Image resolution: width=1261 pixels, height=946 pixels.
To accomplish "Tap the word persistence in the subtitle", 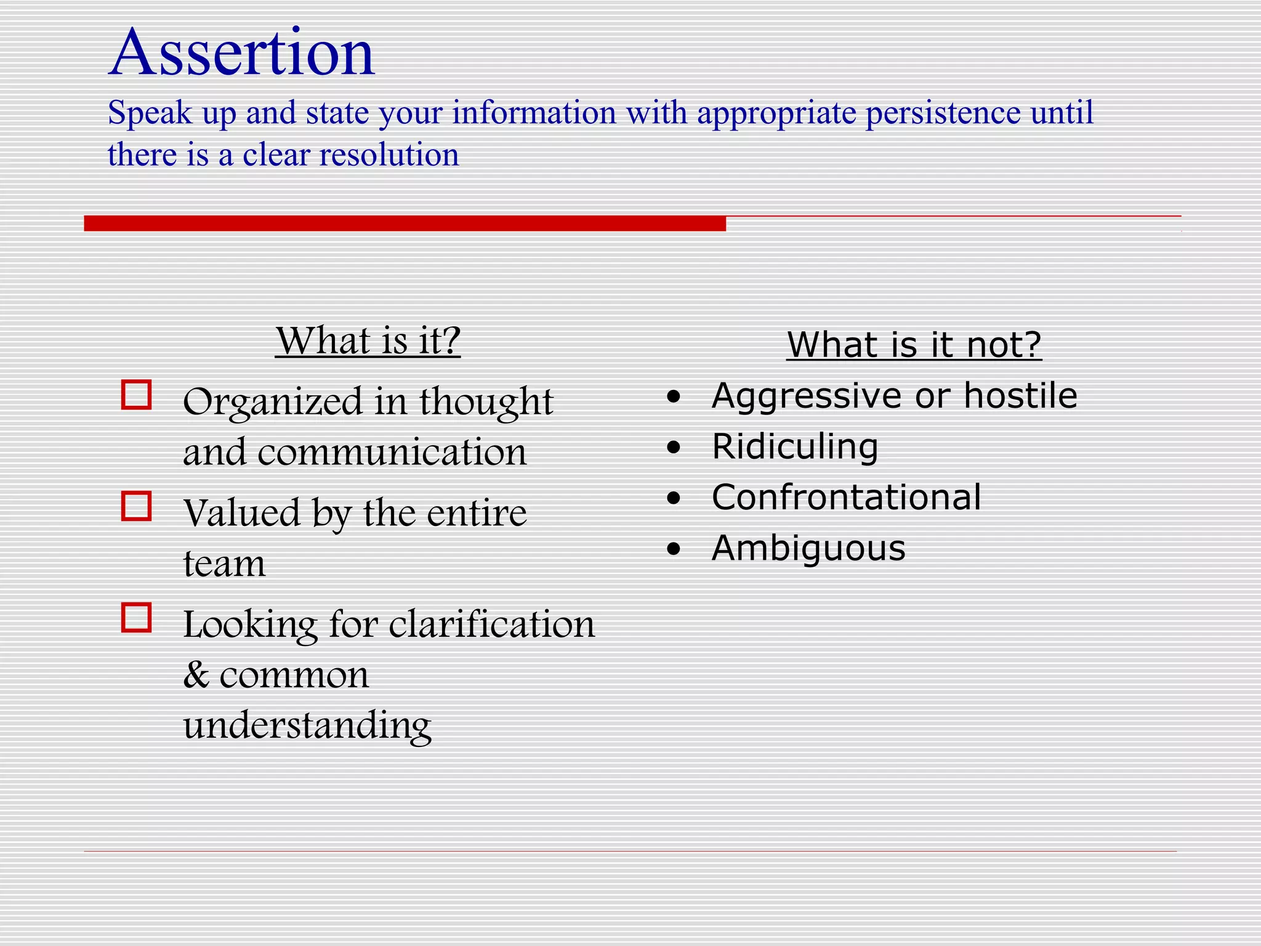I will pos(943,113).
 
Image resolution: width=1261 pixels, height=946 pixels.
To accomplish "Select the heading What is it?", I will pos(368,340).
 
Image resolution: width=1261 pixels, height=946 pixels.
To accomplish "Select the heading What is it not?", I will pos(914,344).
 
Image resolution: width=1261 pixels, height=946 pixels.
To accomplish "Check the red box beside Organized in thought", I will pos(137,395).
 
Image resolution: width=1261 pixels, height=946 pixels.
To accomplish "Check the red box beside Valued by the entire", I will pos(137,506).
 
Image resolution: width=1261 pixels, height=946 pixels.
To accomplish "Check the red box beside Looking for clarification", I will pos(137,618).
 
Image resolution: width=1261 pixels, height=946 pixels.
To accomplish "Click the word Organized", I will pos(273,402).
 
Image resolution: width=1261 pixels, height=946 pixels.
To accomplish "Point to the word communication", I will pos(392,452).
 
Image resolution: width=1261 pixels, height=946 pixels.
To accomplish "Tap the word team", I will pos(224,564).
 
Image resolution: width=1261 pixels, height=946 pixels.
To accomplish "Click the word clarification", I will pos(492,625).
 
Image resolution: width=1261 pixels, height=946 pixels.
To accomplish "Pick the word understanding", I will pos(307,726).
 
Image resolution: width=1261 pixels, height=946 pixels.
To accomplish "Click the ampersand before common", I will pos(196,675).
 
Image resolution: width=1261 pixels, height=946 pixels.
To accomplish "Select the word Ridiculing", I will pos(794,447).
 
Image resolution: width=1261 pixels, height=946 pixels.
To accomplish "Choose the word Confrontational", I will pos(846,497).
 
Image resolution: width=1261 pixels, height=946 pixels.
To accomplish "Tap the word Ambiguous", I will pos(808,548).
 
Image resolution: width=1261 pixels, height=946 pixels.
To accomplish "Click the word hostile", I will pos(1020,395).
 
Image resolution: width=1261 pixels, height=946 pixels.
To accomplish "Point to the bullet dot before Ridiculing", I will pos(674,448).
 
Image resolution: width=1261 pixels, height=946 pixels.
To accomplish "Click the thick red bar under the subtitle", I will pos(405,223).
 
